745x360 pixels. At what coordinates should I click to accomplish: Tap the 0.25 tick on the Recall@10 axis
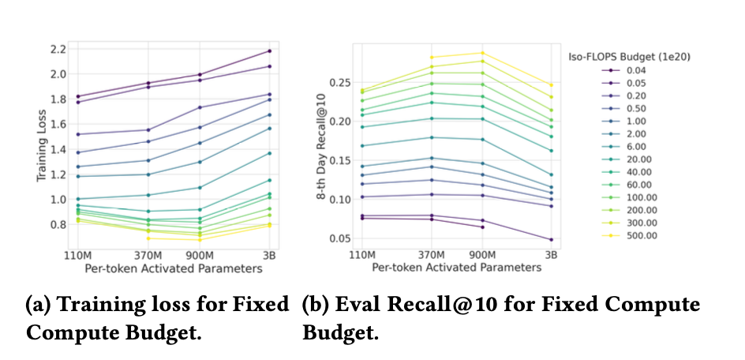point(338,82)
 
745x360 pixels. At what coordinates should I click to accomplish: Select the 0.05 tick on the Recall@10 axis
point(338,238)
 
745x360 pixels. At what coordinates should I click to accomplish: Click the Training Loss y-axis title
point(41,145)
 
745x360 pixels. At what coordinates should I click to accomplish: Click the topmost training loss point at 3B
point(270,51)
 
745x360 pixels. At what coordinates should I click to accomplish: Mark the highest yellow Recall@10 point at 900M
point(481,53)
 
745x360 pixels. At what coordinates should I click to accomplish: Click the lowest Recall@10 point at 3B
point(551,239)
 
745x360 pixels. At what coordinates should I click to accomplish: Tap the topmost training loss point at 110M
point(77,96)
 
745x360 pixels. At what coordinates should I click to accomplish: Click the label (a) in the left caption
point(37,306)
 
